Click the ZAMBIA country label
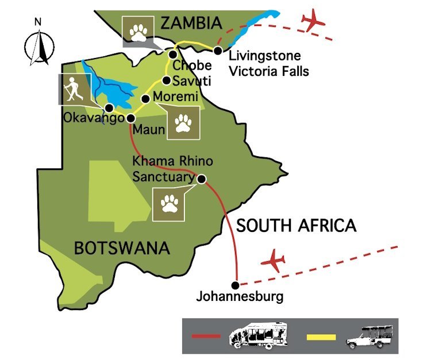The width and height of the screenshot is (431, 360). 191,23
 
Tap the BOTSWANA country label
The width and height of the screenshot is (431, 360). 122,249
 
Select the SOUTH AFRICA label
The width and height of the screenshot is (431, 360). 296,226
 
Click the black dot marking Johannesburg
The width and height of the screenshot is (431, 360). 234,285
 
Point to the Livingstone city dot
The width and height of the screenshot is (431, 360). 218,51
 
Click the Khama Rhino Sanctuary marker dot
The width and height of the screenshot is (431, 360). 202,179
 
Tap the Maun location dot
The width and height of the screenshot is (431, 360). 130,118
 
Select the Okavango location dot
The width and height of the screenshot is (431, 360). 108,107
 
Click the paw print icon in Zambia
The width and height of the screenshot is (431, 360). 138,32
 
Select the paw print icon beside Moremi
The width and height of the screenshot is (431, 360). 183,123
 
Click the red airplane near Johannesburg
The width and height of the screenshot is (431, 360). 274,261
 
